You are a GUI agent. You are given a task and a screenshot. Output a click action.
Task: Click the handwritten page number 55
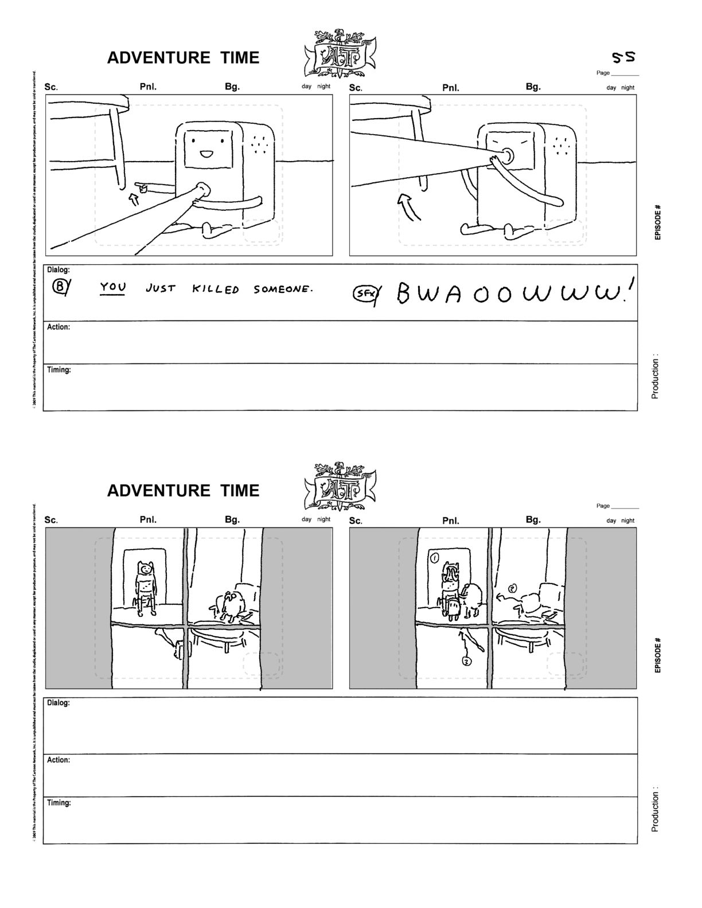(x=623, y=57)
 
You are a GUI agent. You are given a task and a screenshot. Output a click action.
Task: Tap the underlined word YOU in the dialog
(x=113, y=287)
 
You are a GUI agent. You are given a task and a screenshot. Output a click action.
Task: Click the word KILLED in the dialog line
(x=215, y=289)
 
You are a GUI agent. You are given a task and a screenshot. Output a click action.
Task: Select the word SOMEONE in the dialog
(x=283, y=289)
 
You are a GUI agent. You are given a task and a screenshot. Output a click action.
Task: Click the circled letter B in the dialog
(x=60, y=287)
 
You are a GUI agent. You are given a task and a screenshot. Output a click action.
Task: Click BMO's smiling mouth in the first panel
(x=205, y=154)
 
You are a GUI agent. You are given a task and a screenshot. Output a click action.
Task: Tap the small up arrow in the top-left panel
(x=134, y=199)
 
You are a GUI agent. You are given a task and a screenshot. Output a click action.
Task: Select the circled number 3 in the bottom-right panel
(x=467, y=661)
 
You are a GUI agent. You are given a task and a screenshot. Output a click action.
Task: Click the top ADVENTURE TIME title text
(x=183, y=58)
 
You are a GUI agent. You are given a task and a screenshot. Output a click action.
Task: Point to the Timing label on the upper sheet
(x=59, y=370)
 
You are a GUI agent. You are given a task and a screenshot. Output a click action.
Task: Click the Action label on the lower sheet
(x=58, y=760)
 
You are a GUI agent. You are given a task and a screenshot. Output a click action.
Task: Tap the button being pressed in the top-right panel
(x=507, y=155)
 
